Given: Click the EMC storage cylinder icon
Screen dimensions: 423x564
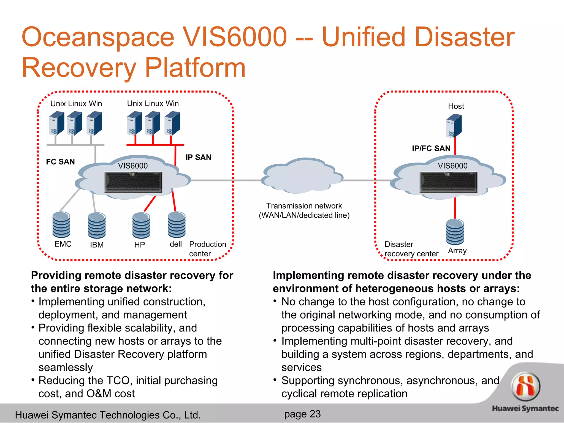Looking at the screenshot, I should (61, 225).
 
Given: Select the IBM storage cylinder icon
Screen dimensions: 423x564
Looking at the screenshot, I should (97, 226).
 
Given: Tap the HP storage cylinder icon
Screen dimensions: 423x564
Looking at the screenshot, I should (141, 226).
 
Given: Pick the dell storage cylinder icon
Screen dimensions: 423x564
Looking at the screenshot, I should (177, 225).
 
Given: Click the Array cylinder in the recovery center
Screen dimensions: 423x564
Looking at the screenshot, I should (455, 232).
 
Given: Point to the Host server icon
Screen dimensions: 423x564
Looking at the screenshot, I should (454, 126).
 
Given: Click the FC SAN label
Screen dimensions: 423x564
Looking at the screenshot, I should (60, 162).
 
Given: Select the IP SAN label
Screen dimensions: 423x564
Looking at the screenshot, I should (198, 157).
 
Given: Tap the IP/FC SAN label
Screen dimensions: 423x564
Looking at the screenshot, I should (431, 148).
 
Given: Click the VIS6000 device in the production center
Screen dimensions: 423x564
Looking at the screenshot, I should (133, 182).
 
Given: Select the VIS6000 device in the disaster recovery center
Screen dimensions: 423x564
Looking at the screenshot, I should (448, 182).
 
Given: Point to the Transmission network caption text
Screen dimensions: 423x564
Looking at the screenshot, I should (304, 210).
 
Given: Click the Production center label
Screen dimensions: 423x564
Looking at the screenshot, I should (207, 249).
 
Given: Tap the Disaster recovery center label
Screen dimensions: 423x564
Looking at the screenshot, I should (411, 249).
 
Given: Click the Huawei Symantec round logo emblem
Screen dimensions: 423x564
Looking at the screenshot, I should (525, 386).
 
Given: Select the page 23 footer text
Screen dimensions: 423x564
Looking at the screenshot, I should (302, 414).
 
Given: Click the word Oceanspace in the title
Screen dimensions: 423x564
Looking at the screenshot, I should (98, 37).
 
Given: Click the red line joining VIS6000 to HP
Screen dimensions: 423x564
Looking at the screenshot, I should (150, 204).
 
